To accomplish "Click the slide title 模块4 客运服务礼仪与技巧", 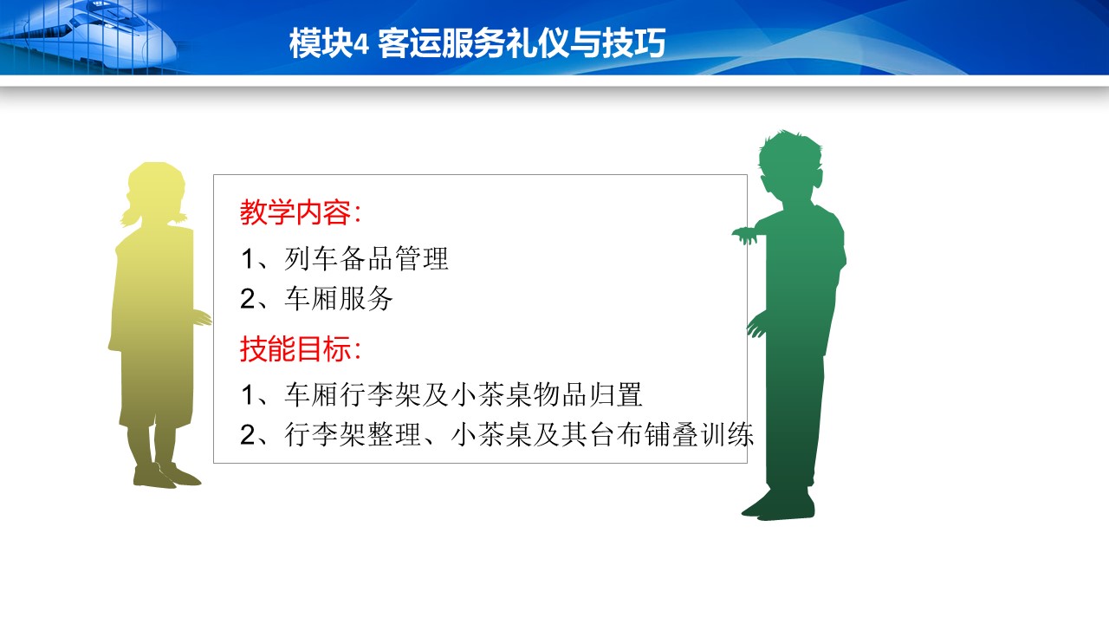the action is point(477,43).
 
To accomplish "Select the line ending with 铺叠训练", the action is point(497,434).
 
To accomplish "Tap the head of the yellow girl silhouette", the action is point(157,191).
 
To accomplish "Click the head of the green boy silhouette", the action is point(789,166).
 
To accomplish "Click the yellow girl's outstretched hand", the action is point(202,318).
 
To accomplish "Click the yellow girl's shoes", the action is point(166,476).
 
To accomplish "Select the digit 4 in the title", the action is point(361,44).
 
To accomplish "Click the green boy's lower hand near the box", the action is point(756,325).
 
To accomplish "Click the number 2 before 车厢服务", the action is point(248,299).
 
